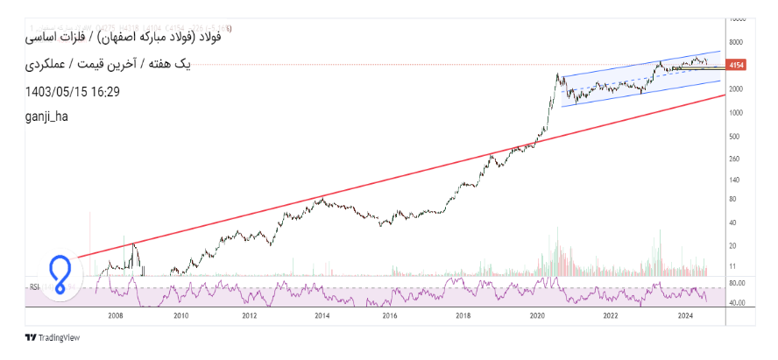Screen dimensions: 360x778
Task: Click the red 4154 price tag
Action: pyautogui.click(x=736, y=66)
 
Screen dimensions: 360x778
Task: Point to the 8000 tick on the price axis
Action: pyautogui.click(x=735, y=41)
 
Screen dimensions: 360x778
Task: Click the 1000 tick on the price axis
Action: pyautogui.click(x=735, y=112)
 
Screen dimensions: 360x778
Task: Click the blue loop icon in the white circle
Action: pyautogui.click(x=60, y=273)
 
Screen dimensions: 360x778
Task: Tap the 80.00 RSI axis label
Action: pyautogui.click(x=736, y=283)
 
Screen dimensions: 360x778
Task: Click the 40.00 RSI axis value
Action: pyautogui.click(x=736, y=303)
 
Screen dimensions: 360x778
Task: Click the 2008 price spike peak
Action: pyautogui.click(x=133, y=244)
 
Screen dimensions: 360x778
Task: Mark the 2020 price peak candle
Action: pyautogui.click(x=558, y=75)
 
